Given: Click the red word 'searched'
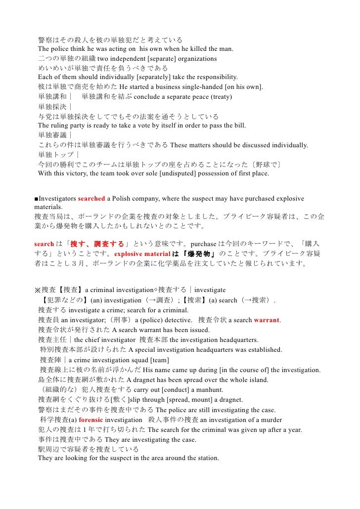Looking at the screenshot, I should tap(91, 199).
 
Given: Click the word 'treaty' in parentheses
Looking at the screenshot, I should tap(220, 97).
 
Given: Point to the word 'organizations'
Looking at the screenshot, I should tap(193, 59).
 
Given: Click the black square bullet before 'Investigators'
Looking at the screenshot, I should tap(36, 199).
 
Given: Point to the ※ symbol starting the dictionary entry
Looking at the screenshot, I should tap(37, 290).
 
